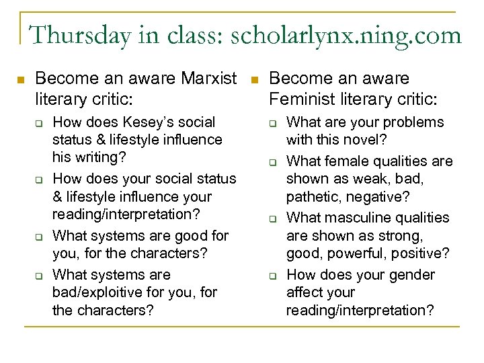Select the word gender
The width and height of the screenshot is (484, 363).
(x=408, y=275)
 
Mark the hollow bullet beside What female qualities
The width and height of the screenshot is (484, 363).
(x=274, y=162)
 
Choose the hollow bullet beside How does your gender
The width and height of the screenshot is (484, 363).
(x=274, y=276)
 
